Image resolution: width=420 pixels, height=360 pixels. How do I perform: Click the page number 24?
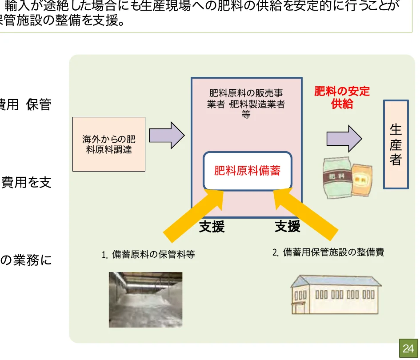[x=408, y=349]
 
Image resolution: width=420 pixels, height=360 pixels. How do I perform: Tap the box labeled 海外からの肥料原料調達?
[x=109, y=144]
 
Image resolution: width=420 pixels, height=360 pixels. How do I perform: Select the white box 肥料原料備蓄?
[x=247, y=171]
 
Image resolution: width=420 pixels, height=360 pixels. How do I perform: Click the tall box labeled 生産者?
[x=396, y=144]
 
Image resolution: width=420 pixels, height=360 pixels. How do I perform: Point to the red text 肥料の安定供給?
[x=342, y=98]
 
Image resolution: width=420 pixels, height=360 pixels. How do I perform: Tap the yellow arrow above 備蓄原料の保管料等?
[x=196, y=212]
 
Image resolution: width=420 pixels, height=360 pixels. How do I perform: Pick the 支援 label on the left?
[x=212, y=227]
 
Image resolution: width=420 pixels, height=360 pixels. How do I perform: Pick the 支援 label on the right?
[x=288, y=227]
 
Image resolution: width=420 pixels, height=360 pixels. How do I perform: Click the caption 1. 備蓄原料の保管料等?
[x=148, y=255]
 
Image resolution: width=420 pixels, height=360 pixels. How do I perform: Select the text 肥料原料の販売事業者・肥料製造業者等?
[x=246, y=104]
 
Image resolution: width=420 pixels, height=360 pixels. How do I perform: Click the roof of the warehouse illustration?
[x=336, y=280]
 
